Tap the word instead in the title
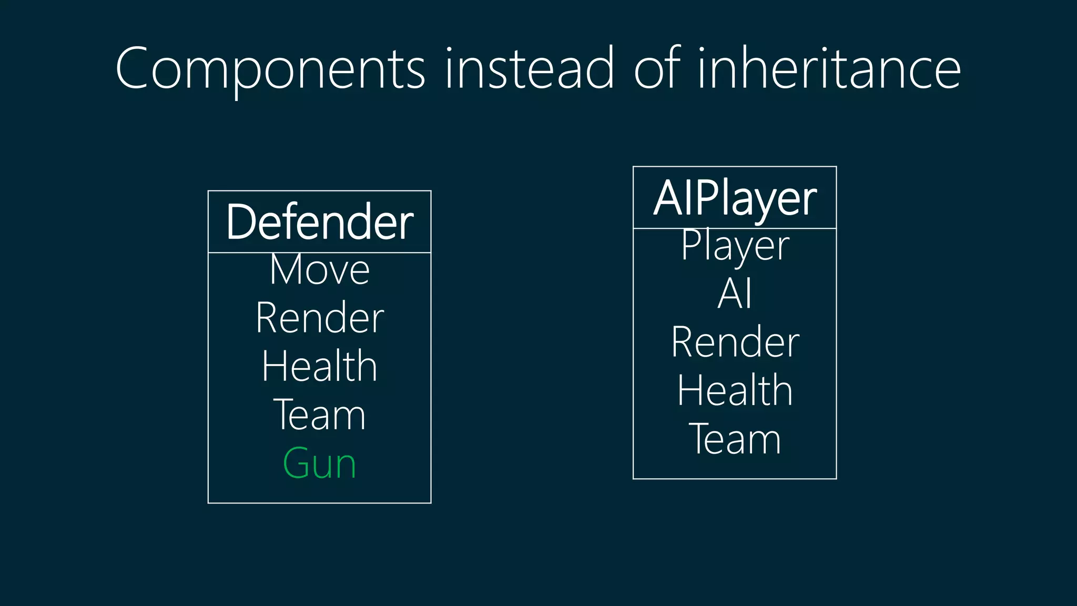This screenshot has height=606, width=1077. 529,68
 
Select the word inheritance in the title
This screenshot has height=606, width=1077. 829,68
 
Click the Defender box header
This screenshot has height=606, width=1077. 319,222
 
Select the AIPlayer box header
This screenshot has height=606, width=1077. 735,198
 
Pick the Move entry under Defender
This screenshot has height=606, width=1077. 319,270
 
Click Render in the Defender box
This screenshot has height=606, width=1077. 319,318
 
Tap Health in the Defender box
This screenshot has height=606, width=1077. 319,366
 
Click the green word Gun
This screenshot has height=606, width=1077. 319,463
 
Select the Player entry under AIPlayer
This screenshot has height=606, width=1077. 735,246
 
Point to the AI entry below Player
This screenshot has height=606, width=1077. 735,294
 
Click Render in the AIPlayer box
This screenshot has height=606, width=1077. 735,342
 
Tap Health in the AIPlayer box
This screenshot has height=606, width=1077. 735,390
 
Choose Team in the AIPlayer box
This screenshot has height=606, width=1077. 735,439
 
